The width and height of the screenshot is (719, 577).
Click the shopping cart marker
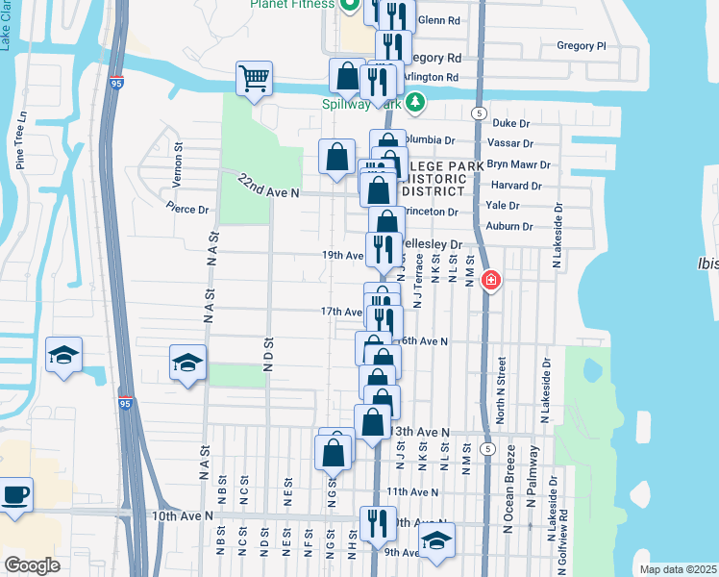click(254, 79)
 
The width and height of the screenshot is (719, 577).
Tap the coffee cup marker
click(15, 495)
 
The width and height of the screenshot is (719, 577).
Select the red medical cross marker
click(490, 281)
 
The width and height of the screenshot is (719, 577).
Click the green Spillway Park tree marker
click(414, 100)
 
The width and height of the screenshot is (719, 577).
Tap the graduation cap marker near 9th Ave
click(436, 540)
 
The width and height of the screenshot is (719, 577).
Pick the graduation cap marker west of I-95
click(63, 355)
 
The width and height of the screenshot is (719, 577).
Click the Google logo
click(32, 565)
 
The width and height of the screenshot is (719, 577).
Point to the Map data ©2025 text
click(678, 569)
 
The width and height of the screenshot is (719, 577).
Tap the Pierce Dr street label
click(186, 209)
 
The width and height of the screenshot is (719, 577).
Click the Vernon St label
click(178, 158)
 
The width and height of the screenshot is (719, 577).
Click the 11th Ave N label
click(412, 491)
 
